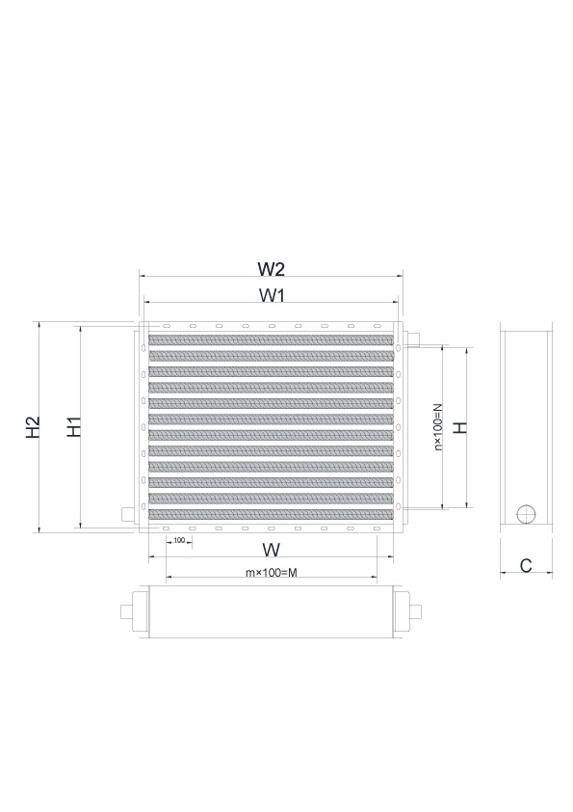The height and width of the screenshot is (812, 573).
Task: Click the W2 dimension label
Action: coord(272,269)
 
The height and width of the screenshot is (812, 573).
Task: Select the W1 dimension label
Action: coord(272,295)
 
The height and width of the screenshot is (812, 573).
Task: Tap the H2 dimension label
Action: coord(33,426)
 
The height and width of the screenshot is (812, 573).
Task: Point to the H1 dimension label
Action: coord(74,426)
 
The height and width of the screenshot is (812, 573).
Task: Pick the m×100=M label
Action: coord(272,572)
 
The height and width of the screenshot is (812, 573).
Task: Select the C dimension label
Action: coord(526,565)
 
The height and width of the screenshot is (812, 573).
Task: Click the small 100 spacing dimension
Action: coord(179,540)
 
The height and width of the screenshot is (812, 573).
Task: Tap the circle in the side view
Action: coord(526,514)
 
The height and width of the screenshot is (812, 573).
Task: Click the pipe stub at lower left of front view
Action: coord(127,515)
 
